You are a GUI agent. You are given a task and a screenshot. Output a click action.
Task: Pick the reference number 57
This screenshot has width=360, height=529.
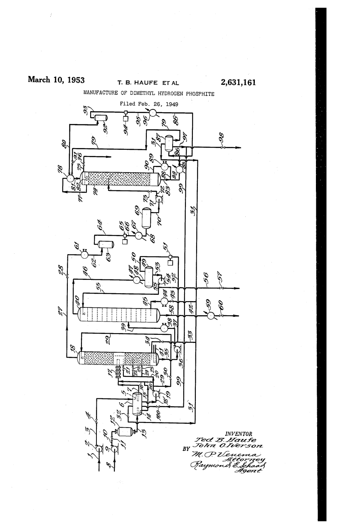pyautogui.click(x=221, y=276)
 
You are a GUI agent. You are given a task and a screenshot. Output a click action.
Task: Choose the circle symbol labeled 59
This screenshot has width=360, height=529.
pyautogui.click(x=210, y=316)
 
